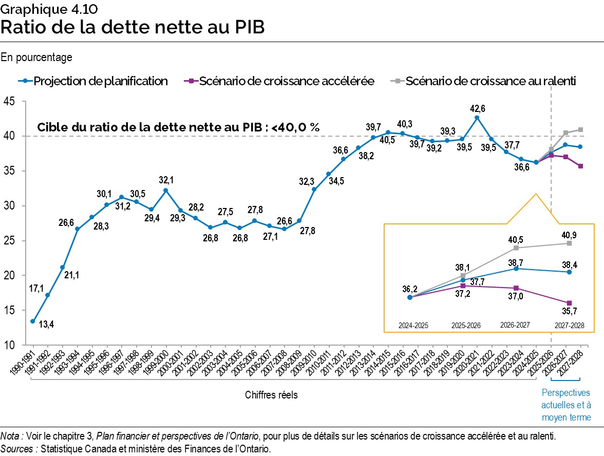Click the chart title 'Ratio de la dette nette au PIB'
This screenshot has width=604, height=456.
coord(133,27)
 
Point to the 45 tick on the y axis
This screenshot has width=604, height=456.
coord(10,102)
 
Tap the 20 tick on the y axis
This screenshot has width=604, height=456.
coord(10,276)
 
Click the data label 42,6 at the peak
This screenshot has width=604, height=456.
coord(477,108)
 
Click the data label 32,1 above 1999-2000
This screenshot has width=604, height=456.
coord(165,180)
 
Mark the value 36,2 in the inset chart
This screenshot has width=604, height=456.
coord(409,289)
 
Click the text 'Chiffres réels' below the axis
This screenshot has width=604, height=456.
coord(271,395)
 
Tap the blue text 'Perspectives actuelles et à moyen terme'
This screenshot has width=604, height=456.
coord(566,405)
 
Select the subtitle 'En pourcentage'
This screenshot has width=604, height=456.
coord(36,58)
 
